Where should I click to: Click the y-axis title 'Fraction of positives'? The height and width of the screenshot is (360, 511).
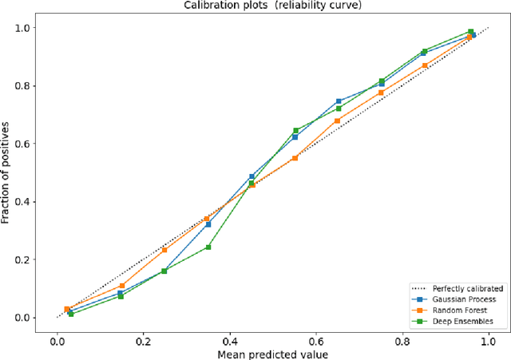coord(7,172)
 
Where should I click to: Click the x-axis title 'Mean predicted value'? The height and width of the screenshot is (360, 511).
coord(272,353)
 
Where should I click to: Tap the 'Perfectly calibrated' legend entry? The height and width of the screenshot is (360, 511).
coord(466,288)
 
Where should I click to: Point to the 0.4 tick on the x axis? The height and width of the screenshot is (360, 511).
coord(229,338)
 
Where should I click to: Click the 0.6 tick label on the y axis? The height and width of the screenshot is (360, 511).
coord(31,144)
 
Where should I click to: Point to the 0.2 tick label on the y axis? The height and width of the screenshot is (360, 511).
coord(31,260)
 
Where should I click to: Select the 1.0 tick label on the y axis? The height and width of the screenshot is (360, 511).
coord(31,28)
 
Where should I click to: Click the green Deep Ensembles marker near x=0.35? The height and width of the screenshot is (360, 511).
coord(208,247)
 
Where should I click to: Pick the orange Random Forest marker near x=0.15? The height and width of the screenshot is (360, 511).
coord(121,286)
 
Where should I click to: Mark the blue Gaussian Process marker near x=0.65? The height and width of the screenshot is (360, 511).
coord(338,101)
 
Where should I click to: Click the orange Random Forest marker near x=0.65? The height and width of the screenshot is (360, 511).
coord(337,121)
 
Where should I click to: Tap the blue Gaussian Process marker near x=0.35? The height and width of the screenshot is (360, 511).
coord(208,224)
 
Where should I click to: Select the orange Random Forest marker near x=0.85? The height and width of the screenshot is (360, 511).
coord(425,65)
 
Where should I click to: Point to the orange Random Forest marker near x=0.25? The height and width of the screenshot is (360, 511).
coord(164,250)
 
